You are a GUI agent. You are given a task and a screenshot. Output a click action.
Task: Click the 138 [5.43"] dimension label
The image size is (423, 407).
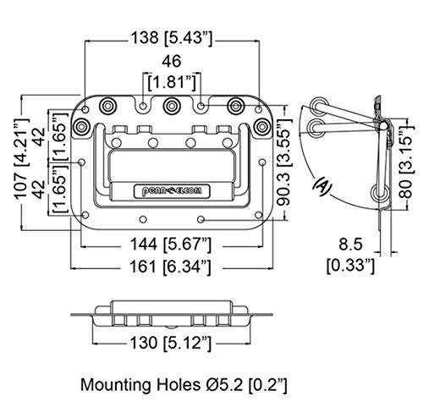click(172, 38)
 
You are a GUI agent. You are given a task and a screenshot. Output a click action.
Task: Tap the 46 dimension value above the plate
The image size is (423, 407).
click(172, 62)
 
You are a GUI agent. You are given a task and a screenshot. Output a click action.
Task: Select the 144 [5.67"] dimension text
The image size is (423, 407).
click(170, 245)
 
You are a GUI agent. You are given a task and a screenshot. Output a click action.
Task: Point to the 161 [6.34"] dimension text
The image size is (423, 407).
click(170, 267)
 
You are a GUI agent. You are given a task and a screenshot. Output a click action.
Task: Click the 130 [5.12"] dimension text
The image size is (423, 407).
click(170, 344)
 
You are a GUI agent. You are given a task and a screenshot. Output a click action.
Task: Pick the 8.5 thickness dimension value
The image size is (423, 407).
click(350, 244)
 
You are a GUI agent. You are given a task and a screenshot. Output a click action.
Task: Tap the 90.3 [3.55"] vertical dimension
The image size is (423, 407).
click(283, 162)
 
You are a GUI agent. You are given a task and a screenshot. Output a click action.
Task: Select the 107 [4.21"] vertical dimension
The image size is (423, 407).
click(22, 159)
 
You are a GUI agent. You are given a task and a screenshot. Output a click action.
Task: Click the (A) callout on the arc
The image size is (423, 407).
click(322, 186)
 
